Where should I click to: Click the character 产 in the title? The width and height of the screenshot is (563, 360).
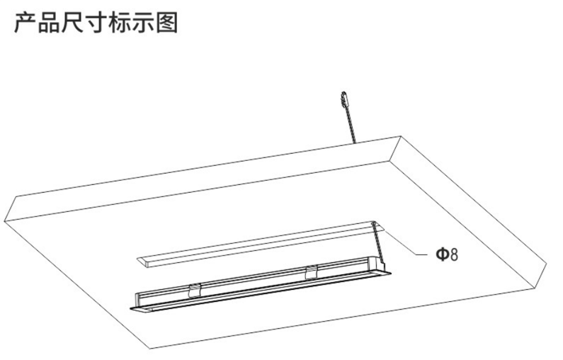[25, 23]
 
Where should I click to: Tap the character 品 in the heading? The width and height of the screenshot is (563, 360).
[48, 23]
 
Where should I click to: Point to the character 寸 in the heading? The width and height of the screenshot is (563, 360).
[96, 23]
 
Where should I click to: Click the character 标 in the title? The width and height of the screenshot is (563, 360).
[120, 23]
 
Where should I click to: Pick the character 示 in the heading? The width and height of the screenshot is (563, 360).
[143, 23]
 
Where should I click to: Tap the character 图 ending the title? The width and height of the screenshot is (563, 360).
[167, 23]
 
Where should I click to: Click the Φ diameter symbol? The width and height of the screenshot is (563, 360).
[443, 254]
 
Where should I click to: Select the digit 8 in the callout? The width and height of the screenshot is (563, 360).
[454, 254]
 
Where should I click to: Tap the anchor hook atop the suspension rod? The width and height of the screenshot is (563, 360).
[344, 99]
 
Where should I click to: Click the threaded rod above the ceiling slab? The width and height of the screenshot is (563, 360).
[351, 125]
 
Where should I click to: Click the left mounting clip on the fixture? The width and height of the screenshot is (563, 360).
[194, 290]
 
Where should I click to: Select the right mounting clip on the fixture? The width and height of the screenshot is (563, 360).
[312, 271]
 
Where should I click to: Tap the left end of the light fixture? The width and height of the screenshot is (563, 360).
[138, 303]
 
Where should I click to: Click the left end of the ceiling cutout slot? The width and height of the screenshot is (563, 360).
[144, 261]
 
